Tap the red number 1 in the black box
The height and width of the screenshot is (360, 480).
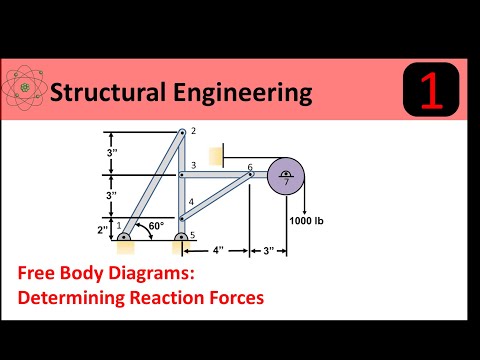click(430, 91)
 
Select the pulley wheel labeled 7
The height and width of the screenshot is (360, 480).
click(286, 179)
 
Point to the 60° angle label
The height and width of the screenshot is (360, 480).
click(156, 227)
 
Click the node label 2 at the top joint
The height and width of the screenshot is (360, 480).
click(194, 131)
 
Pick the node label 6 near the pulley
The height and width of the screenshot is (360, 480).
click(250, 167)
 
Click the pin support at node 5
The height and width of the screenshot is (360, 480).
click(181, 241)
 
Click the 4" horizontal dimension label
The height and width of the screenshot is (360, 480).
click(217, 249)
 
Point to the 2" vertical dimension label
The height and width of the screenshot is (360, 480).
click(103, 229)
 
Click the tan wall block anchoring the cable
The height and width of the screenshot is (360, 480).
click(215, 155)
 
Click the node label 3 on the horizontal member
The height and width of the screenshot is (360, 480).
click(193, 166)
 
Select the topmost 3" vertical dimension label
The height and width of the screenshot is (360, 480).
click(113, 152)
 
